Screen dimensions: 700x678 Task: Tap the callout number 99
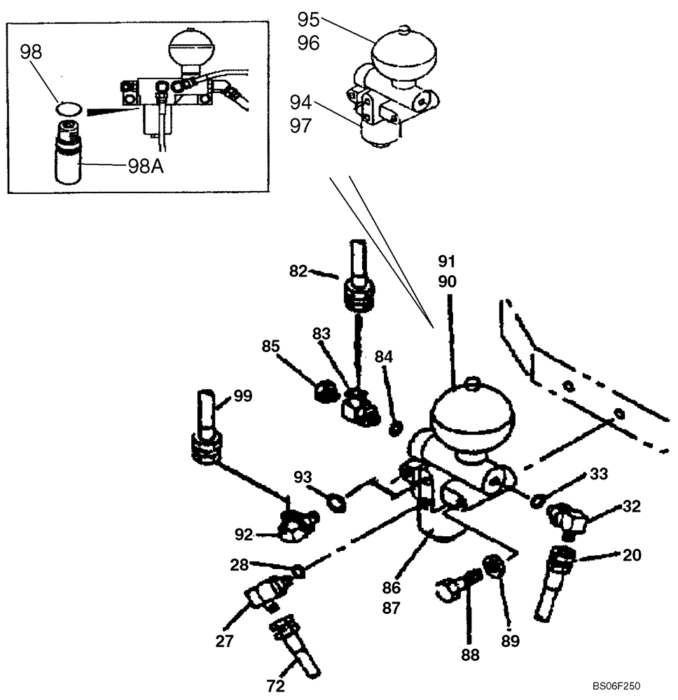243,395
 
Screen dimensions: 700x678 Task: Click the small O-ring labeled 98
68,109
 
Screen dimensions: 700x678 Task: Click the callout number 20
632,555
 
